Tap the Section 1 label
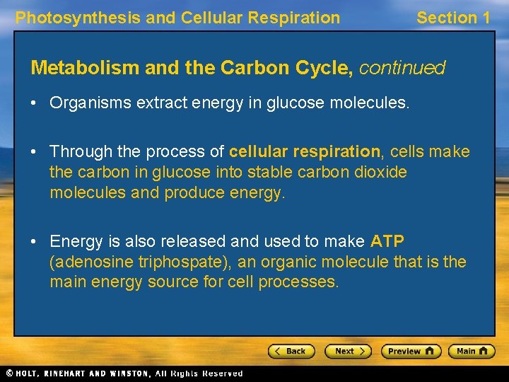click(453, 18)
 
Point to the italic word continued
click(402, 68)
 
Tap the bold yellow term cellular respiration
click(305, 151)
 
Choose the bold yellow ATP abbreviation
click(387, 241)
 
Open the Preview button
click(411, 351)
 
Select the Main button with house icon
click(472, 351)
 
